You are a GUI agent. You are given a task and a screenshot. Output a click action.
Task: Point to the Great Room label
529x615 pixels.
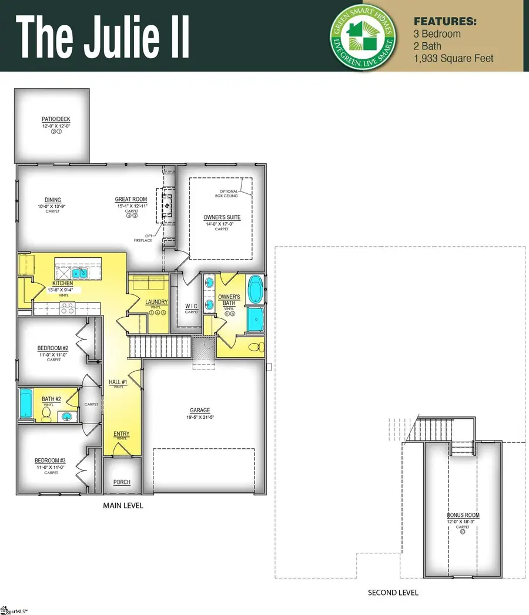(131, 200)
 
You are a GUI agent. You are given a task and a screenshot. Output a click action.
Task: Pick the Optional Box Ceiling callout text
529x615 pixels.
(229, 194)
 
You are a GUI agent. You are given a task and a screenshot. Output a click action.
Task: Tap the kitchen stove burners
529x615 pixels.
(68, 305)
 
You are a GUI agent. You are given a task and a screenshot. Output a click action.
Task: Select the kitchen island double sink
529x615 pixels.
(79, 273)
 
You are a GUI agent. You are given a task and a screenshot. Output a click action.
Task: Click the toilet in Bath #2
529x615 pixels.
(46, 414)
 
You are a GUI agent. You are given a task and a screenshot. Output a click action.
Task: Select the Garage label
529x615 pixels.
(200, 411)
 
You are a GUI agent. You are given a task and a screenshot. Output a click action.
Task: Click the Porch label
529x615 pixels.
(122, 482)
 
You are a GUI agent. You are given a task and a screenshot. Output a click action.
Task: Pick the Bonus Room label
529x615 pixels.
(463, 515)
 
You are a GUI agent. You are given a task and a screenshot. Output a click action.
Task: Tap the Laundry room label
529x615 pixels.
(157, 303)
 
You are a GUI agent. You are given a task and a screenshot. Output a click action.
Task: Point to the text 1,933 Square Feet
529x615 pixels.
(454, 58)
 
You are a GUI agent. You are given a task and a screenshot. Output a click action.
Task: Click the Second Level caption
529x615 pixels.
(393, 593)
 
